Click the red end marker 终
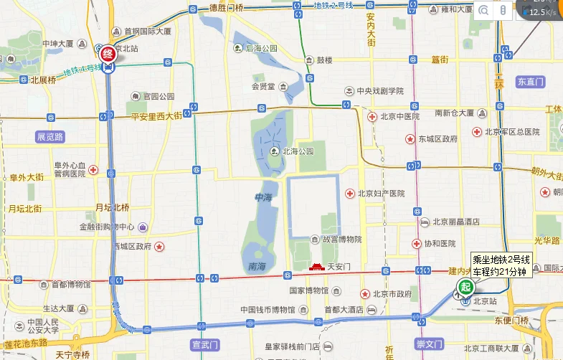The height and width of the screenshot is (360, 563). (x=108, y=53)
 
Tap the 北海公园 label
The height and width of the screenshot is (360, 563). (x=298, y=151)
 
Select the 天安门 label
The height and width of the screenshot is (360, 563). (x=338, y=267)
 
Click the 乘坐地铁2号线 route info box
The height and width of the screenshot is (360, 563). (x=501, y=265)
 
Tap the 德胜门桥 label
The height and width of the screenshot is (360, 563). (x=227, y=9)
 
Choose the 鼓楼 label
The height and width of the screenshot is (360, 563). (x=325, y=60)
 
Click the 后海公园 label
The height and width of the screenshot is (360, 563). (x=261, y=48)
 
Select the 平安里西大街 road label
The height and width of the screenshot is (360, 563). (x=157, y=116)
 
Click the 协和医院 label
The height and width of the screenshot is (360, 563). (x=440, y=244)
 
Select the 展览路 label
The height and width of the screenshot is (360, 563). (x=50, y=136)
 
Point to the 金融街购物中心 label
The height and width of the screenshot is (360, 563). (x=107, y=227)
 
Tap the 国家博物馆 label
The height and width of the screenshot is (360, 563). (x=308, y=290)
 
